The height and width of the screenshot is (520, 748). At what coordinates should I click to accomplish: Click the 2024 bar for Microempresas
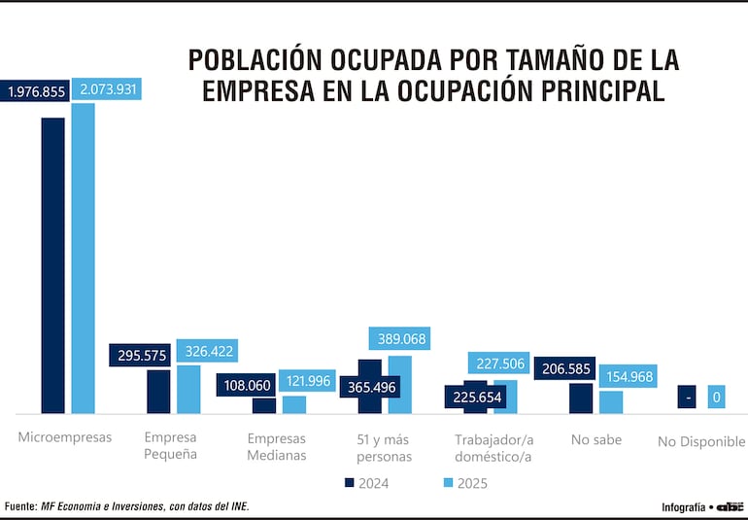[x=52, y=264]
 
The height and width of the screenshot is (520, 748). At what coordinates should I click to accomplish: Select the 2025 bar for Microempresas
[x=84, y=258]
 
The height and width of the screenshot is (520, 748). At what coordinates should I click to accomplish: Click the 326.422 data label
[x=206, y=350]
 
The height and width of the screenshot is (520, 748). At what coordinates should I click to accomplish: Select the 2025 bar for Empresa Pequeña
[x=188, y=389]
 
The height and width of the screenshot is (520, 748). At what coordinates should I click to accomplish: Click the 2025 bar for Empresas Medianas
[x=293, y=404]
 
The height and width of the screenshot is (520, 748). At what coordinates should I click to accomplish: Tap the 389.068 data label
[x=399, y=338]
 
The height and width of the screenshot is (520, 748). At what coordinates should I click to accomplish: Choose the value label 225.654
[x=475, y=397]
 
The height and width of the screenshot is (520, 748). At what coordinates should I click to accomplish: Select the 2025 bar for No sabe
[x=611, y=401]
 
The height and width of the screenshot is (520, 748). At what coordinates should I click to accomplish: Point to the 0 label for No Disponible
[x=716, y=397]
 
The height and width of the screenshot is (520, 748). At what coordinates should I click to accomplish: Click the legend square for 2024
[x=350, y=482]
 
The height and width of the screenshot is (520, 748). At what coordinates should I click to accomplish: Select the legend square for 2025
[x=448, y=482]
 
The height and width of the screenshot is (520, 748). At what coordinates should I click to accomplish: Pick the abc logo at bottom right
[x=730, y=506]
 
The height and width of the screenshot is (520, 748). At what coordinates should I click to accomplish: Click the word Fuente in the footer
[x=20, y=506]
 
